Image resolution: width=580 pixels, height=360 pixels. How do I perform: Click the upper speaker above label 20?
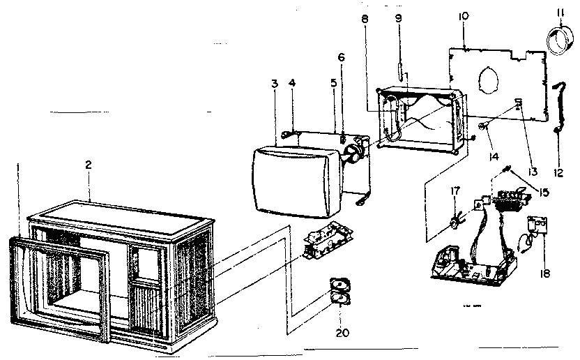tap(339, 286)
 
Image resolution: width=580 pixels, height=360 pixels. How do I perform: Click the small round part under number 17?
tap(455, 223)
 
